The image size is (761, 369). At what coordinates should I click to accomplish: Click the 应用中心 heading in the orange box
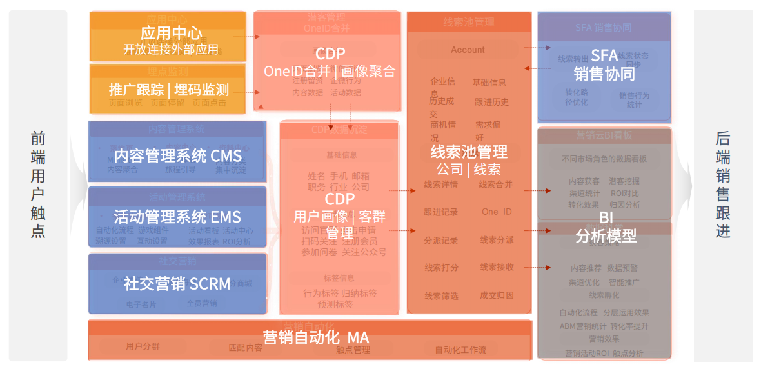point(171,33)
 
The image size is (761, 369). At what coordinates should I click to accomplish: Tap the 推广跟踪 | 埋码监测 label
point(168,90)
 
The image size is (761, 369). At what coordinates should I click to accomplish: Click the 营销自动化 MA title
point(315,337)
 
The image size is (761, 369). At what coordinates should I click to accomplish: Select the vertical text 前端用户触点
point(38,185)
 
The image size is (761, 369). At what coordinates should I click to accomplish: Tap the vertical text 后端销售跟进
point(723,185)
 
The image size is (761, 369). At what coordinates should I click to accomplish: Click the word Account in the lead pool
point(468,50)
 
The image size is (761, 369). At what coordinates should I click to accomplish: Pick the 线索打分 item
point(441,268)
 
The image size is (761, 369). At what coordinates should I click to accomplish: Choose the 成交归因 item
point(497,295)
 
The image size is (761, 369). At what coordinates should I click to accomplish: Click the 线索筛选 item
point(441,296)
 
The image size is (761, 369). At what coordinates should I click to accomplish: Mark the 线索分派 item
point(497,240)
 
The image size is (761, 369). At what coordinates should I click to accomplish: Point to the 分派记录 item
point(441,240)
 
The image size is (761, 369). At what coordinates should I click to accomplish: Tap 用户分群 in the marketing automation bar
point(143,346)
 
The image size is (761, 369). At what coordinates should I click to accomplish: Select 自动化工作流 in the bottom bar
point(460,350)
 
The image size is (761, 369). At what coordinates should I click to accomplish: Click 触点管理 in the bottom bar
point(353,350)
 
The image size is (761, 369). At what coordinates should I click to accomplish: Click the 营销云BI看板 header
point(604,135)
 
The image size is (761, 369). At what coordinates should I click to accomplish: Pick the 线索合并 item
point(495,184)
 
